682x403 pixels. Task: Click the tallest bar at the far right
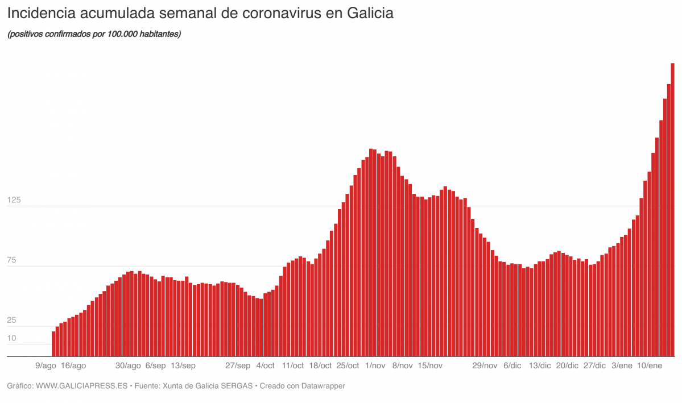coord(672,210)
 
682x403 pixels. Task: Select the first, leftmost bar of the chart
coord(53,344)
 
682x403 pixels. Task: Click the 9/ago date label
coord(46,365)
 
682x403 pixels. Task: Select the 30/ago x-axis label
coord(128,365)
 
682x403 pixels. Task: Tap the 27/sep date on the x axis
coord(238,365)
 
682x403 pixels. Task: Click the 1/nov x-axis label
coord(375,365)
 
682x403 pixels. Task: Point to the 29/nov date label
coord(485,365)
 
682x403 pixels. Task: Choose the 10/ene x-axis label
coord(650,365)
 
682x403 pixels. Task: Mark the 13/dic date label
coord(540,365)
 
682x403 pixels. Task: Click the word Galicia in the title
coord(366,13)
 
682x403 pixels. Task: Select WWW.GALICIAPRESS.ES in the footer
coord(81,386)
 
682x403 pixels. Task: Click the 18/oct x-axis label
coord(320,365)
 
